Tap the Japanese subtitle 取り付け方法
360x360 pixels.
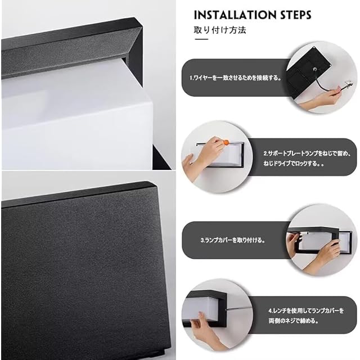220,30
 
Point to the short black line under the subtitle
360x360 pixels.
201,39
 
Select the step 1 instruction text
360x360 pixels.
236,78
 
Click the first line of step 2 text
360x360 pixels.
307,154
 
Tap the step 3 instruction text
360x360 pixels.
233,240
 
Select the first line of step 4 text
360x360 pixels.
306,310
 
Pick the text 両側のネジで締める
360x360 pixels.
294,321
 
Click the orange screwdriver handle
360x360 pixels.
226,142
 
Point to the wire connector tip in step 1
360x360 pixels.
348,84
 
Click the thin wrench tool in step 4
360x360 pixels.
238,308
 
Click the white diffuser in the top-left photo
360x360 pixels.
76,115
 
